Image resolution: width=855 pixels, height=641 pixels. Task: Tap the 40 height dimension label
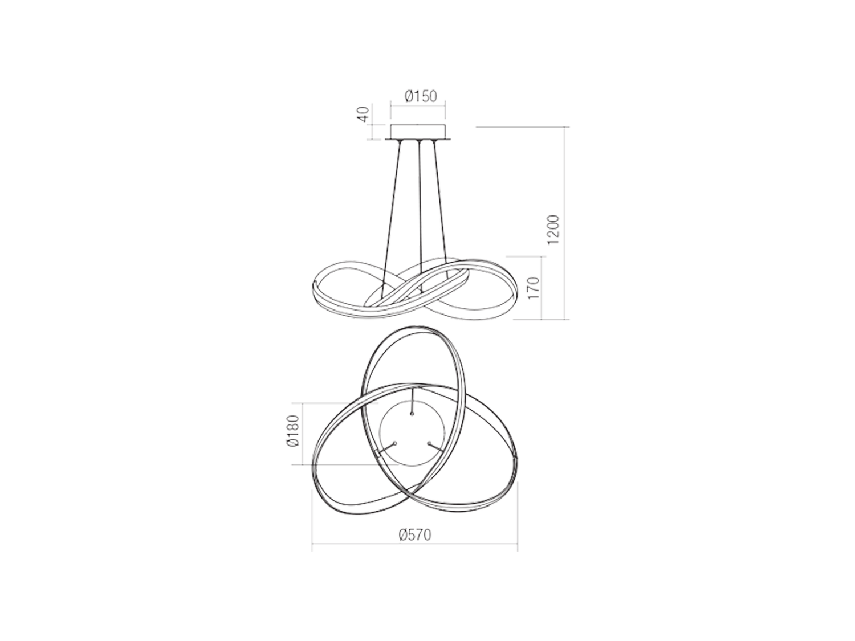coord(363,115)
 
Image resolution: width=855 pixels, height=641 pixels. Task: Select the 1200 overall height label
coord(553,230)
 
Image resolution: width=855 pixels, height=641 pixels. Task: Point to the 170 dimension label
coord(534,288)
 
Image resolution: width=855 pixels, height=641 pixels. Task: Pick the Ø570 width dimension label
coord(415,535)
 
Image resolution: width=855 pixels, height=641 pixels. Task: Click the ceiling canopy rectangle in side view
coord(418,133)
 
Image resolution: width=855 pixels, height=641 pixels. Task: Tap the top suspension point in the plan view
coord(412,414)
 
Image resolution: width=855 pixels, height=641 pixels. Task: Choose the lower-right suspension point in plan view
coord(429,443)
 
